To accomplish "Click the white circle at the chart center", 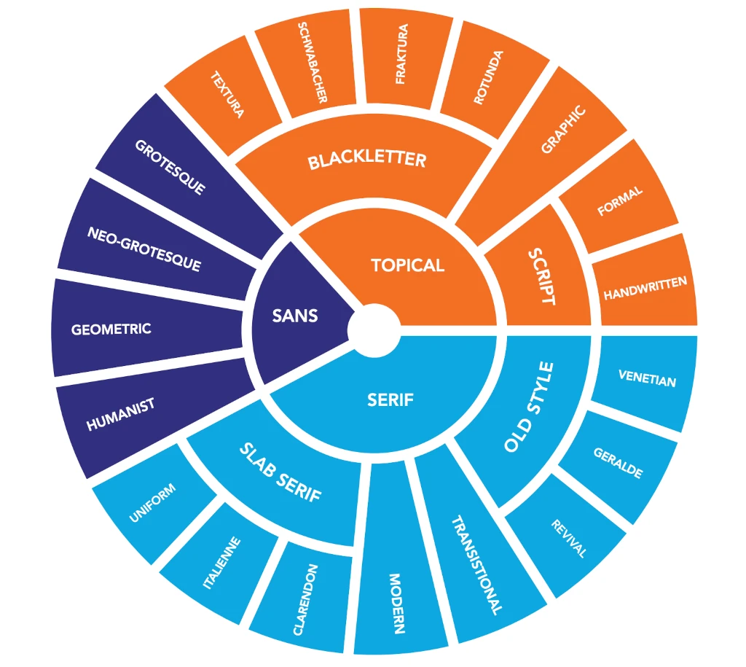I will pos(374,329).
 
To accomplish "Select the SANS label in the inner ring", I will pos(295,316).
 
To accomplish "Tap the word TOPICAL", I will pos(407,265).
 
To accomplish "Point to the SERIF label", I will pos(390,399).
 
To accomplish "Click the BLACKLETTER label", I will pos(366,160).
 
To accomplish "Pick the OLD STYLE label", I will pos(530,407).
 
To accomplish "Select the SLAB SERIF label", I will pos(280,473).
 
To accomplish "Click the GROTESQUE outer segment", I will pos(170,166).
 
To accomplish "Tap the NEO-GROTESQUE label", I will pos(144,249).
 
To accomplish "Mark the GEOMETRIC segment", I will pos(111,329).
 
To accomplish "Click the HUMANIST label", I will pos(121,415).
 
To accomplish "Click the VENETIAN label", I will pos(647,379).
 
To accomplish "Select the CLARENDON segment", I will pos(305,599).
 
